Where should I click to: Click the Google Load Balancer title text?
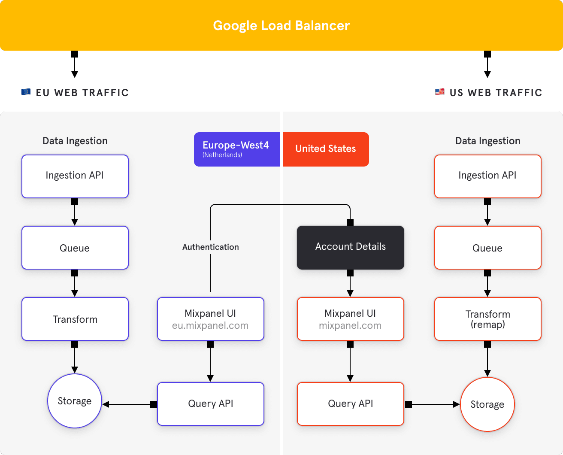click(281, 26)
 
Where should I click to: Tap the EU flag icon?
click(26, 92)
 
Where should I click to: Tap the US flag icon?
click(439, 92)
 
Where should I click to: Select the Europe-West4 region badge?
click(236, 149)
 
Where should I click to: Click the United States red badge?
click(326, 149)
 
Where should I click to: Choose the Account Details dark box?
click(350, 247)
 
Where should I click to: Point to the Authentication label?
click(210, 247)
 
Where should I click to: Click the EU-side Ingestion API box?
click(75, 176)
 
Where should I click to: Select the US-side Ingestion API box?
click(487, 176)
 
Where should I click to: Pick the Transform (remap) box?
click(487, 319)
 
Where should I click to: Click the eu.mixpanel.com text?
click(210, 326)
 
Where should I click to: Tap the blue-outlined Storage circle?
click(75, 401)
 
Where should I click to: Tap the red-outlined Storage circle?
click(487, 404)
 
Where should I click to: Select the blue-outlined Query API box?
click(210, 404)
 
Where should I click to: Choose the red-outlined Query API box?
click(350, 404)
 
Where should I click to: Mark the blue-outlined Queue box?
click(75, 248)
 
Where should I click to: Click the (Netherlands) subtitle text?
click(222, 155)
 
